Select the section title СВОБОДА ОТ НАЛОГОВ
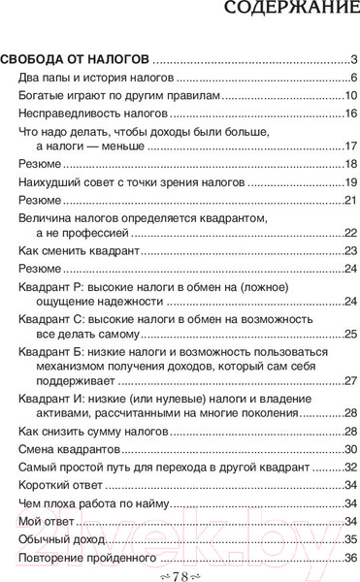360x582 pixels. click(76, 59)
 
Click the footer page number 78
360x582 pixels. click(180, 575)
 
